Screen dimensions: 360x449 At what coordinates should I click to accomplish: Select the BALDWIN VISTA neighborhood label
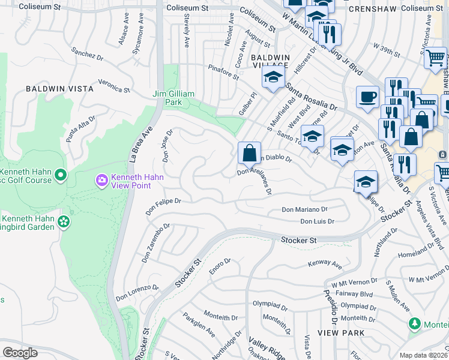tap(59, 89)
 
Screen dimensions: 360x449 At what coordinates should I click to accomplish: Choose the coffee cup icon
tap(367, 97)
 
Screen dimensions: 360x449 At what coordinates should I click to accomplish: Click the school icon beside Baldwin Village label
tap(273, 77)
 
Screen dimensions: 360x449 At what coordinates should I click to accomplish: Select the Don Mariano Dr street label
tap(305, 210)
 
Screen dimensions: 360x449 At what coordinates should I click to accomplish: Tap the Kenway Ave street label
tap(324, 264)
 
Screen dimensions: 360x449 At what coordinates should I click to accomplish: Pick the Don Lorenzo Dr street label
tap(137, 292)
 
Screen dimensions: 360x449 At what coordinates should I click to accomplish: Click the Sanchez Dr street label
tap(83, 55)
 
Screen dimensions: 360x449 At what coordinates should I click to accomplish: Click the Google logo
tap(20, 352)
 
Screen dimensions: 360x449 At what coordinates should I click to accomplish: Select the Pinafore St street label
tap(223, 73)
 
